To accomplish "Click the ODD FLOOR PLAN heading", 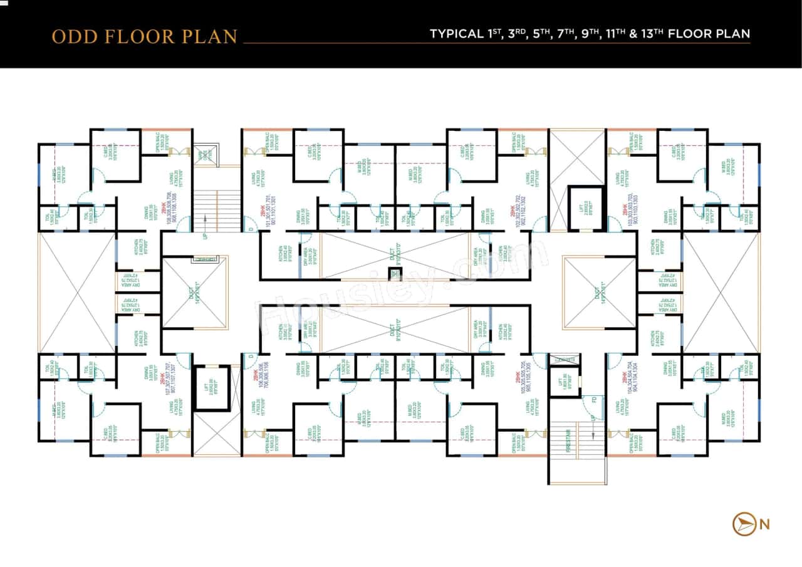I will coord(145,36).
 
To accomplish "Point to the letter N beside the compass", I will coord(764,525).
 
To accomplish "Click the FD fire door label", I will coord(593,400).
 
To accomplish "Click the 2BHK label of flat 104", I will coord(625,377).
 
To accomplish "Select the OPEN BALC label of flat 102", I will coord(515,143).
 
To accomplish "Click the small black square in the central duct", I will coord(393,273).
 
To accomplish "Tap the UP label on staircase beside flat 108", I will coord(206,237).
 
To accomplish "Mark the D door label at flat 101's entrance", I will coord(251,229).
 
